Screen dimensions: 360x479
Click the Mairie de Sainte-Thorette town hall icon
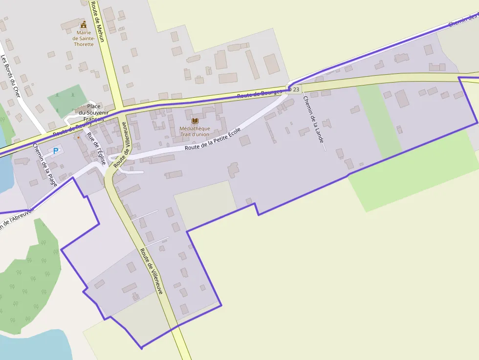point(83,24)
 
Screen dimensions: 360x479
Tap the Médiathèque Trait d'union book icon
point(195,121)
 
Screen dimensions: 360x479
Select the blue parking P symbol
point(56,151)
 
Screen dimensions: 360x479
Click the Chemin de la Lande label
point(313,119)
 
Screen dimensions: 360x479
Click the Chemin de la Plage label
point(45,165)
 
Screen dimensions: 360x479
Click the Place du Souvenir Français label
point(94,113)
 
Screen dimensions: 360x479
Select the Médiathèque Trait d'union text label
point(195,131)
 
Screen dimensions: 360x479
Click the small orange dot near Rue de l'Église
point(78,137)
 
